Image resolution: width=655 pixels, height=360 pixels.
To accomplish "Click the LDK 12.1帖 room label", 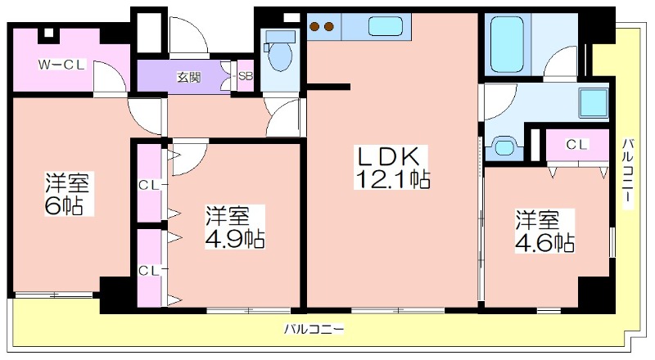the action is (391, 167).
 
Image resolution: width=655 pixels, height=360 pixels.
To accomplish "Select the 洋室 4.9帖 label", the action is (234, 227).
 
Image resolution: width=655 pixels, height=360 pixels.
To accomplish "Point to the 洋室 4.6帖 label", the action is (544, 231).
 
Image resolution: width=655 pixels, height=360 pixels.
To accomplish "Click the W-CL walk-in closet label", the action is (62, 65).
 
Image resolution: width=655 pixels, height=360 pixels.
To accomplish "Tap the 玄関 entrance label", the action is (189, 77).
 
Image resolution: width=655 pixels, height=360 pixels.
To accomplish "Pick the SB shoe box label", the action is (246, 77).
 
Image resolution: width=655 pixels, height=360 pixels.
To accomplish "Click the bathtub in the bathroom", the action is (507, 44).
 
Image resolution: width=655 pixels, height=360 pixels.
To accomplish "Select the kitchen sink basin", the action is (385, 26).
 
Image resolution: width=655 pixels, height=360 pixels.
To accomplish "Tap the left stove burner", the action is (314, 27).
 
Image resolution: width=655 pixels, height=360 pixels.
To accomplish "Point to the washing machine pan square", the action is (593, 103).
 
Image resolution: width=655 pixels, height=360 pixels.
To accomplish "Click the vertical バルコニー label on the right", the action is (627, 173).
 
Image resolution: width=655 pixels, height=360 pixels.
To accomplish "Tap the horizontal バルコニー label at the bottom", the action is (314, 329).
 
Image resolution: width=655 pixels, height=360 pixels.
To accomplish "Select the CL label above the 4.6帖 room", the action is (577, 145).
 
